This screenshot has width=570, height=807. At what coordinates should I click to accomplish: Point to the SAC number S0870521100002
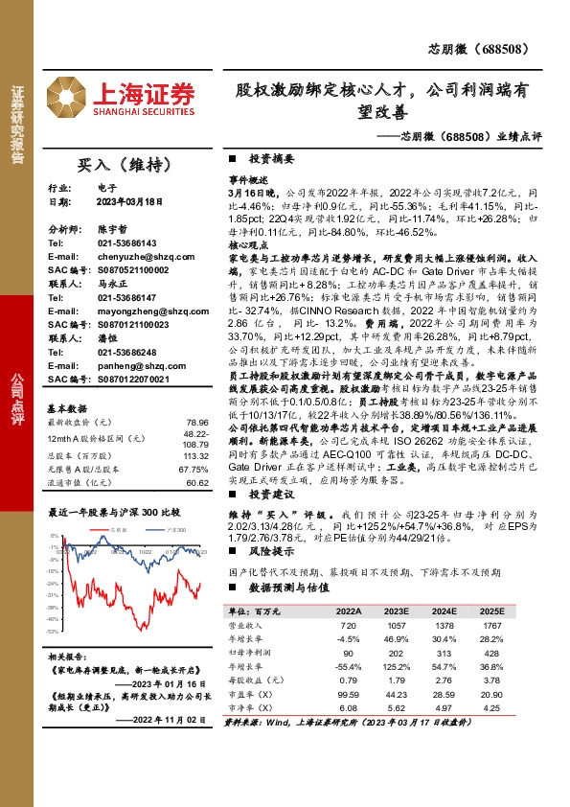pos(134,270)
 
